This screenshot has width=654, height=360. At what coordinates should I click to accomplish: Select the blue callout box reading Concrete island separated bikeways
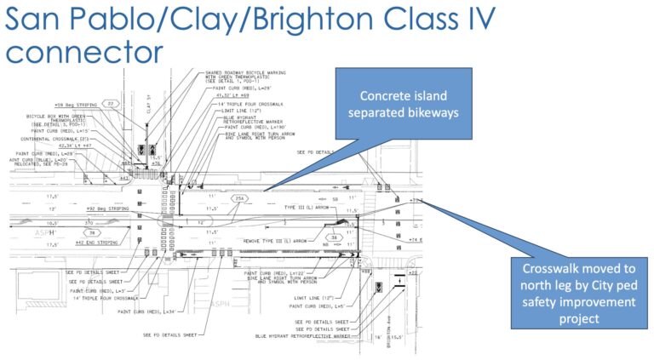(391, 104)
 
